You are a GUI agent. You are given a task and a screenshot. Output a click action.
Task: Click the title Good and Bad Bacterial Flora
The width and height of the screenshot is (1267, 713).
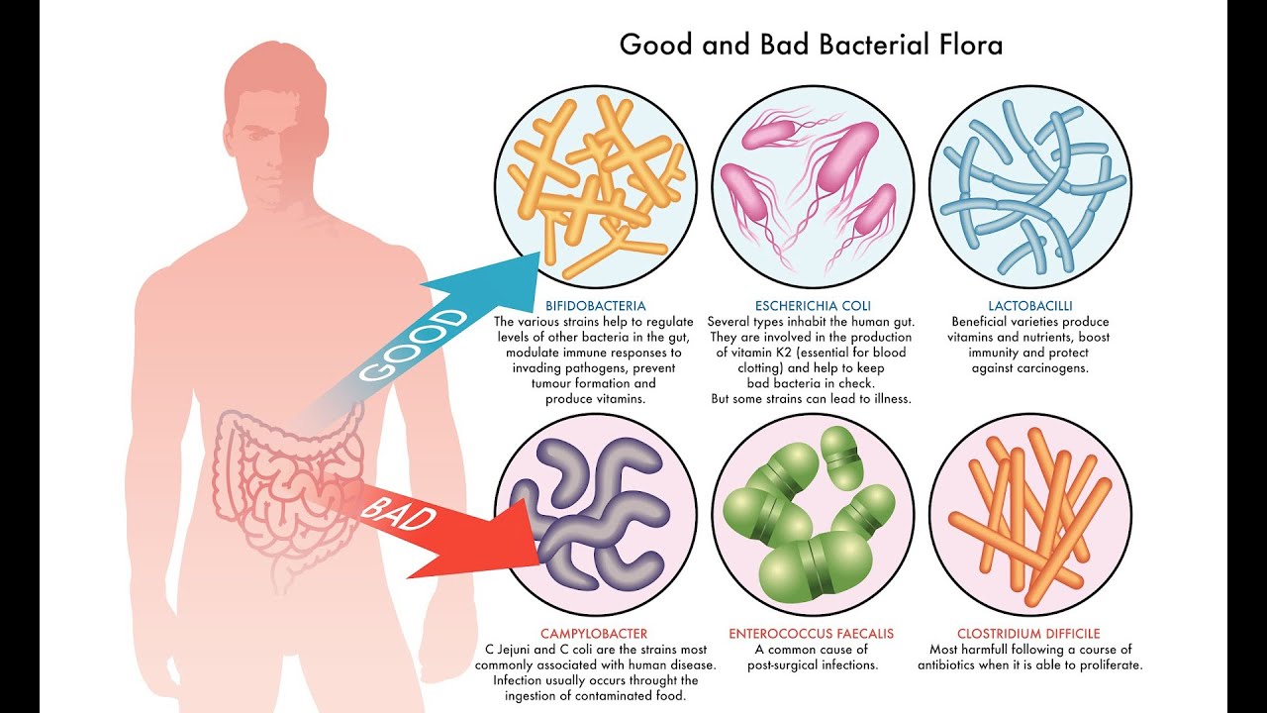pos(811,45)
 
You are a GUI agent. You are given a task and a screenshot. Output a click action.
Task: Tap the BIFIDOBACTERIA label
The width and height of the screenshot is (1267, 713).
pos(595,306)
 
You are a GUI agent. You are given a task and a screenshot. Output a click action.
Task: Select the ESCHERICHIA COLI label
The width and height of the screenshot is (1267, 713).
pos(812,306)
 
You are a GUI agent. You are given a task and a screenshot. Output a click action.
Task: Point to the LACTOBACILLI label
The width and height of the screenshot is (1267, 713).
pos(1029,306)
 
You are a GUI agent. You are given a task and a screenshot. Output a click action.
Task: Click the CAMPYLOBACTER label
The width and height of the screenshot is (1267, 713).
pos(594,634)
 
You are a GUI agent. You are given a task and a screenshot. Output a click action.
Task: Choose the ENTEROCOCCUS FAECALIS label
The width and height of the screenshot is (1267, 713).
pos(812,634)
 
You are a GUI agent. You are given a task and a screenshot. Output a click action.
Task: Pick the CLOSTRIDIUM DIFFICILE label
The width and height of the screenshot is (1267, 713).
pos(1028,634)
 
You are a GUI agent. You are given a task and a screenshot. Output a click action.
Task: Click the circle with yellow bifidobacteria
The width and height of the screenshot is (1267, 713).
pos(595,189)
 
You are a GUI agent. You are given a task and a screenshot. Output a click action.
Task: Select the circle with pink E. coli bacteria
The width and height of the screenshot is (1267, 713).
pos(812,189)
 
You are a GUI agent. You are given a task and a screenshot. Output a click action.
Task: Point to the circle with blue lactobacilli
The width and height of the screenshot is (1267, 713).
pos(1029,189)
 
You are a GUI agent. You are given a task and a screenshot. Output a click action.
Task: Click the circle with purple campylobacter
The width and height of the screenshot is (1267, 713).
pos(595,515)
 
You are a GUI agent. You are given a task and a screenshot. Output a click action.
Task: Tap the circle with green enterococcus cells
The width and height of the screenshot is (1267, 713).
pos(812,515)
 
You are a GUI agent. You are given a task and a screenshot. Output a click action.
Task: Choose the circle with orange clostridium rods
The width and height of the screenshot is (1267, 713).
pos(1029,515)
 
